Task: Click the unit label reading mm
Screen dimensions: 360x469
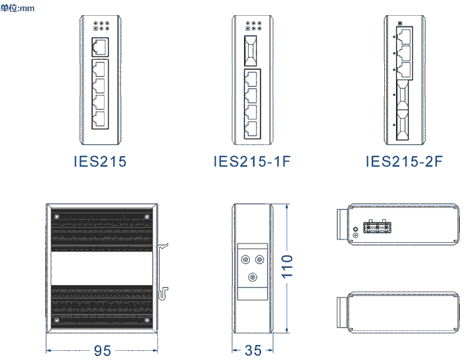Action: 17,8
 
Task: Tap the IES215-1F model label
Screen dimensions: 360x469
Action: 252,161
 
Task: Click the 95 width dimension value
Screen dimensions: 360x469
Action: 103,350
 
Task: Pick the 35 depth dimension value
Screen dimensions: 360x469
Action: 253,350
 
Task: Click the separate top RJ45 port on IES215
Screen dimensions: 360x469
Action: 101,47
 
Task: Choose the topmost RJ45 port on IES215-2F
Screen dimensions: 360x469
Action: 405,34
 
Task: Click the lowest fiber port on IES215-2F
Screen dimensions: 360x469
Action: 403,124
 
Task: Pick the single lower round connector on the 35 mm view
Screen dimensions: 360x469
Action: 252,278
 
